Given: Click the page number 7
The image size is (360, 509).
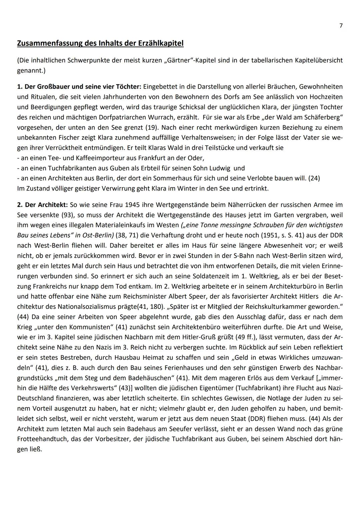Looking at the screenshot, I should click(341, 26).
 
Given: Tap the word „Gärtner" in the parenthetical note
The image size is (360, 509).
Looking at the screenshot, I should click(175, 61).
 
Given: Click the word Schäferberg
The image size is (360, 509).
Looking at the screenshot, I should click(321, 117).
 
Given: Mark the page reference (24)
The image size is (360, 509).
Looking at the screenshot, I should click(314, 178).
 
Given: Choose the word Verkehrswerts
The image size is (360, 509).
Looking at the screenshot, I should click(85, 388).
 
